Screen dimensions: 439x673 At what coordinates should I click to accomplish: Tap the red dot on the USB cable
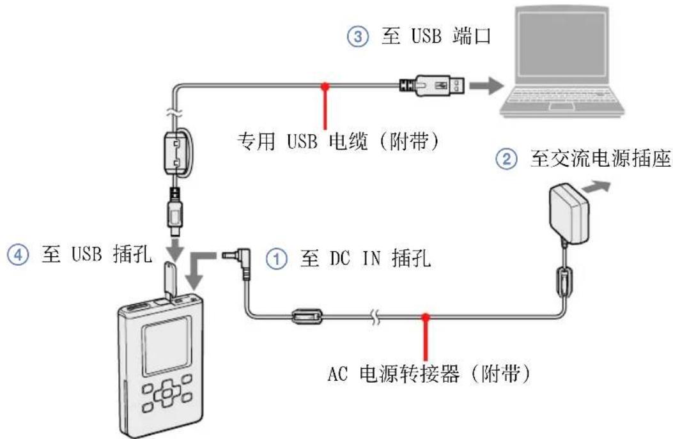(x=326, y=85)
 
